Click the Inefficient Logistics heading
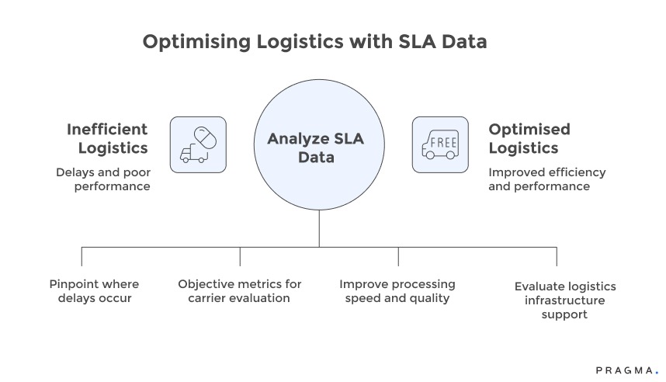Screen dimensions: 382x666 107,138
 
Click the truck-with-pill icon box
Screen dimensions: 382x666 198,144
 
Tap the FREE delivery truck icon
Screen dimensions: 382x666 440,144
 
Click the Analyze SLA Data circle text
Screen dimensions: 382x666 315,148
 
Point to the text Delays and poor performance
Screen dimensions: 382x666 103,179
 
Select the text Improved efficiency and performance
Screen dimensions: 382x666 546,179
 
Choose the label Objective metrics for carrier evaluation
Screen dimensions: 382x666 239,291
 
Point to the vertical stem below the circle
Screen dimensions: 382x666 319,229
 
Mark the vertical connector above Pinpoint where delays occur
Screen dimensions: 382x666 82,256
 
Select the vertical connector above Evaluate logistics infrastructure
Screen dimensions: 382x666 557,256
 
